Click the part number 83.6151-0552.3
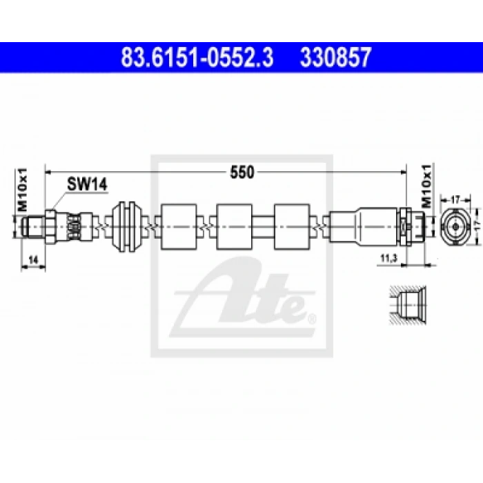pos(197,57)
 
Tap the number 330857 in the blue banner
pos(335,57)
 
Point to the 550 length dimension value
pos(242,172)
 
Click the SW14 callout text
pos(87,184)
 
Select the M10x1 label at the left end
pos(23,190)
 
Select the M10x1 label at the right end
pos(427,186)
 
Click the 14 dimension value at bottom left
pos(33,260)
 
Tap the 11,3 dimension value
pos(388,259)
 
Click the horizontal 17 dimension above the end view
pos(455,200)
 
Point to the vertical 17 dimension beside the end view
pos(477,227)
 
